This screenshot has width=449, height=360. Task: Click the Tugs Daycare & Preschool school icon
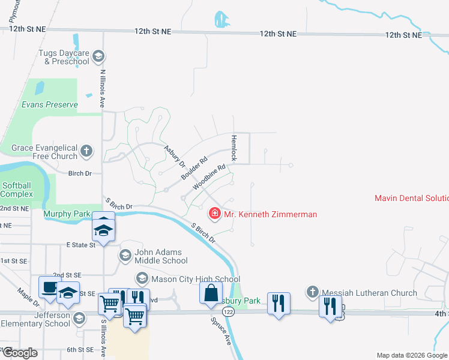(x=99, y=56)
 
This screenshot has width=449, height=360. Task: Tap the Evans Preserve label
(x=50, y=104)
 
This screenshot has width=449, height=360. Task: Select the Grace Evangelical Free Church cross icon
(x=87, y=151)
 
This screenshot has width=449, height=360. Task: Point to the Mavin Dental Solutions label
(x=411, y=198)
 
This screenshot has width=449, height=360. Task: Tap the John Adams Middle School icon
(x=125, y=256)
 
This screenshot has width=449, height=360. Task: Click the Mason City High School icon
(x=142, y=278)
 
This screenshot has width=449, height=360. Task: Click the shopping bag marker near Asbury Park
(x=211, y=293)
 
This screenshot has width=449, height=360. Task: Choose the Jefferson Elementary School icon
(x=79, y=317)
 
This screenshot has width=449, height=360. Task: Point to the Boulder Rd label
(x=194, y=170)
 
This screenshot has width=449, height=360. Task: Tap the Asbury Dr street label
(x=175, y=155)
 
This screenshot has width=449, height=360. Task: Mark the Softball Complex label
(x=17, y=190)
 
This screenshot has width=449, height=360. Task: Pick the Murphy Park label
(x=67, y=214)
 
